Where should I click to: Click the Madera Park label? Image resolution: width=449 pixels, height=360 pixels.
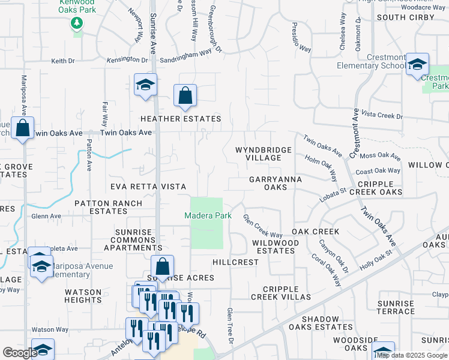click(x=206, y=215)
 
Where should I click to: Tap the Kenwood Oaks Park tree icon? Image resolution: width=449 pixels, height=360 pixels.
click(x=77, y=23)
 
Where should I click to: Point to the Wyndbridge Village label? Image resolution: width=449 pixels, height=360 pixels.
click(x=264, y=154)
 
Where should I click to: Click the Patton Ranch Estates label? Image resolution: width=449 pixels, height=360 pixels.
click(x=108, y=207)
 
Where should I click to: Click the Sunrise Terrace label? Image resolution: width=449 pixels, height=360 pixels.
click(x=396, y=307)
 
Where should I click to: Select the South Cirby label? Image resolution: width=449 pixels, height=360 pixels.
click(x=405, y=17)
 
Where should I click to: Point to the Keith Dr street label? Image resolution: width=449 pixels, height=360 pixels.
click(x=62, y=61)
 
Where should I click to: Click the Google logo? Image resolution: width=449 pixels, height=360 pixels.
click(x=20, y=353)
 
